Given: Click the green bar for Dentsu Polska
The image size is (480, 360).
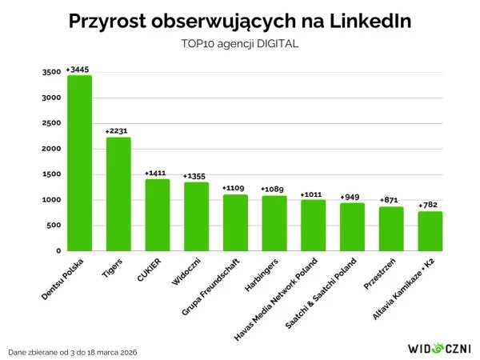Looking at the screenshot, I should (79, 163).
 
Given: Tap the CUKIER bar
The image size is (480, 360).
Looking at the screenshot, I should (157, 214).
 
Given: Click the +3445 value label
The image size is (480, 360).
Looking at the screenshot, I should (78, 70).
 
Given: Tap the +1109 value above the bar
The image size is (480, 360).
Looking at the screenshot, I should (234, 189).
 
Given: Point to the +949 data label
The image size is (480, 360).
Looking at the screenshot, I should (352, 197).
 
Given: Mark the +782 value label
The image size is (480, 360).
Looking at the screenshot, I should (430, 206).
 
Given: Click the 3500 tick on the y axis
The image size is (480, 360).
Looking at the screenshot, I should (50, 73).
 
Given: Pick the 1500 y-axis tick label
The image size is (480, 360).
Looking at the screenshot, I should (50, 174).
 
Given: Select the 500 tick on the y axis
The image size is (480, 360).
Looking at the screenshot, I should (53, 226).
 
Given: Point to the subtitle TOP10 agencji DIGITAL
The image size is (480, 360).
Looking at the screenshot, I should (240, 44).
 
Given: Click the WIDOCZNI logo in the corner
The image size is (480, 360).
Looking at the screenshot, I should (439, 348).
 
